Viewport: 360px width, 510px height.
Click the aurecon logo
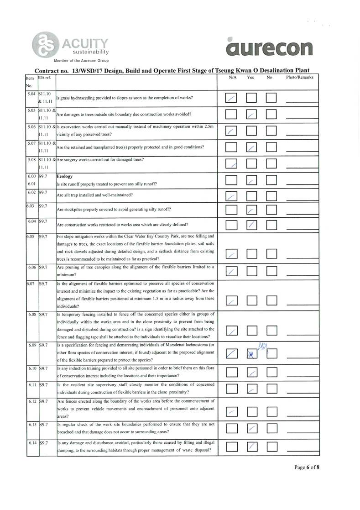pyautogui.click(x=269, y=47)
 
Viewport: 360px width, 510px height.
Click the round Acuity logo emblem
pyautogui.click(x=44, y=45)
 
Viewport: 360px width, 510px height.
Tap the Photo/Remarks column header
pyautogui.click(x=299, y=78)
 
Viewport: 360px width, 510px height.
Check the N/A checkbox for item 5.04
pyautogui.click(x=232, y=98)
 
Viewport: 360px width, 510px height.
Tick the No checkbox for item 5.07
pyautogui.click(x=271, y=147)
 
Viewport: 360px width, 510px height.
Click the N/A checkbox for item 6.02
pyautogui.click(x=232, y=196)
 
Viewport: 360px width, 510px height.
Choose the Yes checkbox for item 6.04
pyautogui.click(x=251, y=225)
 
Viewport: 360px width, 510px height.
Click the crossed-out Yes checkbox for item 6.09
pyautogui.click(x=251, y=353)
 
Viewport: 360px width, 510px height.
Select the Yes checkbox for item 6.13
pyautogui.click(x=251, y=428)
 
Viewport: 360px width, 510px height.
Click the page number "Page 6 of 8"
pyautogui.click(x=307, y=468)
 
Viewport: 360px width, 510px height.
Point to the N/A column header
pyautogui.click(x=232, y=78)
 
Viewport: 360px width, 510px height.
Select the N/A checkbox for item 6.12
pyautogui.click(x=232, y=412)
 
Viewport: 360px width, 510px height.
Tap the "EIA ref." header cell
pyautogui.click(x=45, y=78)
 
